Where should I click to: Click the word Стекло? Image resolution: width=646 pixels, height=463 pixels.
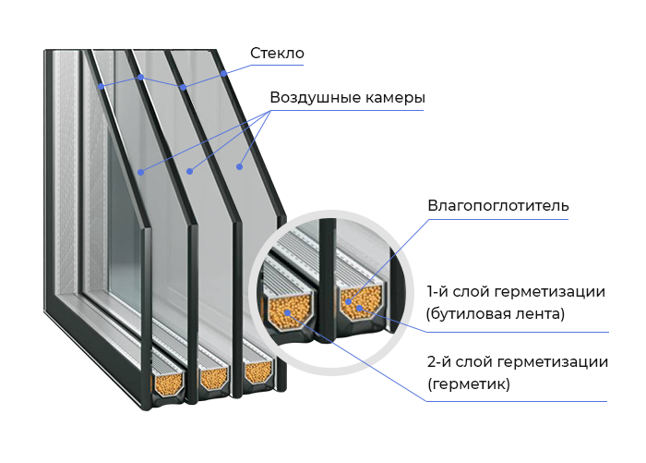(x=277, y=54)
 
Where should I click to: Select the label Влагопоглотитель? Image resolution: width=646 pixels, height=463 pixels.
(x=498, y=205)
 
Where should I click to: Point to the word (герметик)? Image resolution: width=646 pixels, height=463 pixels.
(x=469, y=384)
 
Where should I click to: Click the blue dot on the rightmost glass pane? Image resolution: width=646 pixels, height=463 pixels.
(x=223, y=74)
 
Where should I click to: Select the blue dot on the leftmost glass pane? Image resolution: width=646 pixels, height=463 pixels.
(x=101, y=86)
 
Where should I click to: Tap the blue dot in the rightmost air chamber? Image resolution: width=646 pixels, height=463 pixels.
(x=239, y=166)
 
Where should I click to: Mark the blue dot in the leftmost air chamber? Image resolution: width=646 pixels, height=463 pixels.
(x=141, y=172)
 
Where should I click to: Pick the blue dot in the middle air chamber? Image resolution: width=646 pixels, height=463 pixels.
(x=189, y=171)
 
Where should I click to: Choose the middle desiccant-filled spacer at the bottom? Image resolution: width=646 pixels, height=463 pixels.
(x=213, y=377)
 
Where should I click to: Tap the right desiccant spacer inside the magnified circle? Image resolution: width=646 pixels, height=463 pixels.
(x=361, y=301)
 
